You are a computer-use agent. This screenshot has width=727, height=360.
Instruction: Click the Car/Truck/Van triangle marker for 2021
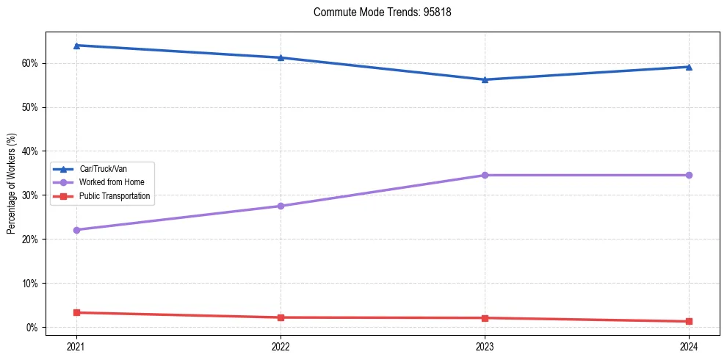(x=76, y=46)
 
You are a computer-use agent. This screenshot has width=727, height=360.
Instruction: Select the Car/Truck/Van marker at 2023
(x=485, y=79)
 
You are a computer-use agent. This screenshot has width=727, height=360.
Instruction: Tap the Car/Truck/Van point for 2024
(x=689, y=67)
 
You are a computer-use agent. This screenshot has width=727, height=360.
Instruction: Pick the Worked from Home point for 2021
(x=76, y=230)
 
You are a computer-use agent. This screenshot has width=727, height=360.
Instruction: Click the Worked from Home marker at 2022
(x=281, y=206)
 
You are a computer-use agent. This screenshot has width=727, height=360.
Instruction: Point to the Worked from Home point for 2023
(x=485, y=175)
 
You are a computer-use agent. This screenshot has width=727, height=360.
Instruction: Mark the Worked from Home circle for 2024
(x=689, y=175)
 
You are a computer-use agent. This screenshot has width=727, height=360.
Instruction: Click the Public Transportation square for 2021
(x=76, y=312)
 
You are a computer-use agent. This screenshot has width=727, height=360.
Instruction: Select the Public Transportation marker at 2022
(x=281, y=317)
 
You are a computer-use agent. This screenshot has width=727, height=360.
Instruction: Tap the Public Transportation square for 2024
(x=689, y=321)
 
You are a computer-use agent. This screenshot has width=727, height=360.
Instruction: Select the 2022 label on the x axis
(x=281, y=346)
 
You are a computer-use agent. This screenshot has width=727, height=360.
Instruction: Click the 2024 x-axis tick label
(x=689, y=346)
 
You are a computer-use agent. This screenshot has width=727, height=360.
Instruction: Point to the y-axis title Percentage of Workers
(x=12, y=184)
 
